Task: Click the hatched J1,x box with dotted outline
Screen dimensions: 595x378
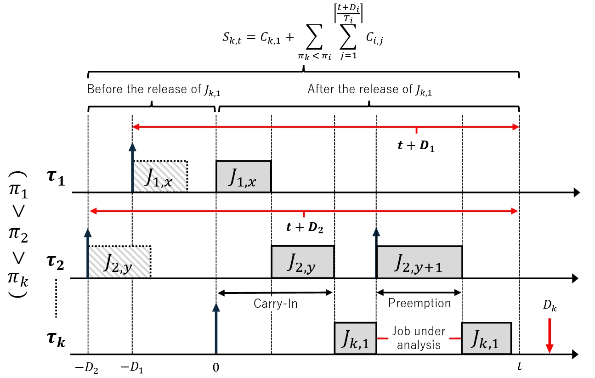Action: click(x=160, y=176)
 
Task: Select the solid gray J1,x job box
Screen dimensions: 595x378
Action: click(x=244, y=176)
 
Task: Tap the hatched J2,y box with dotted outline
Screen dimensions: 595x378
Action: click(x=119, y=262)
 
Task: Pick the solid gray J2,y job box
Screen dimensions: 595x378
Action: click(x=302, y=262)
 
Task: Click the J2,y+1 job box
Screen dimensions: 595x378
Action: click(x=419, y=262)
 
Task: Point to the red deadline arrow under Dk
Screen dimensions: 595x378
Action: click(x=550, y=336)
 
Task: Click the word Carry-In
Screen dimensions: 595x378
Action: click(x=276, y=304)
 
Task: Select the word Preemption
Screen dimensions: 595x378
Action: click(x=419, y=303)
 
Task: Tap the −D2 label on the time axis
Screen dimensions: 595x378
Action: click(x=86, y=368)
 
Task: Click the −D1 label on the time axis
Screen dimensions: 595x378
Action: click(x=132, y=368)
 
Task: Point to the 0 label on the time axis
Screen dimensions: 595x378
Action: click(x=216, y=367)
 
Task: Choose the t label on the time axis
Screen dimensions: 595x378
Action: click(x=520, y=367)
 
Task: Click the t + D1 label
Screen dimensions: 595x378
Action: click(x=416, y=146)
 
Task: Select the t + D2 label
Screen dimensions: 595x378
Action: click(x=305, y=227)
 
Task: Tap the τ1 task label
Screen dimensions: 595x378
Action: click(x=56, y=178)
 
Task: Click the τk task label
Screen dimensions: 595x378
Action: click(x=56, y=340)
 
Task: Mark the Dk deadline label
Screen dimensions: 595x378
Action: click(x=550, y=305)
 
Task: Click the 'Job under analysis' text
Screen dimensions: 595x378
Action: click(x=419, y=338)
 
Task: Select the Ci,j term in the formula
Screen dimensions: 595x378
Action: click(x=374, y=39)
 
